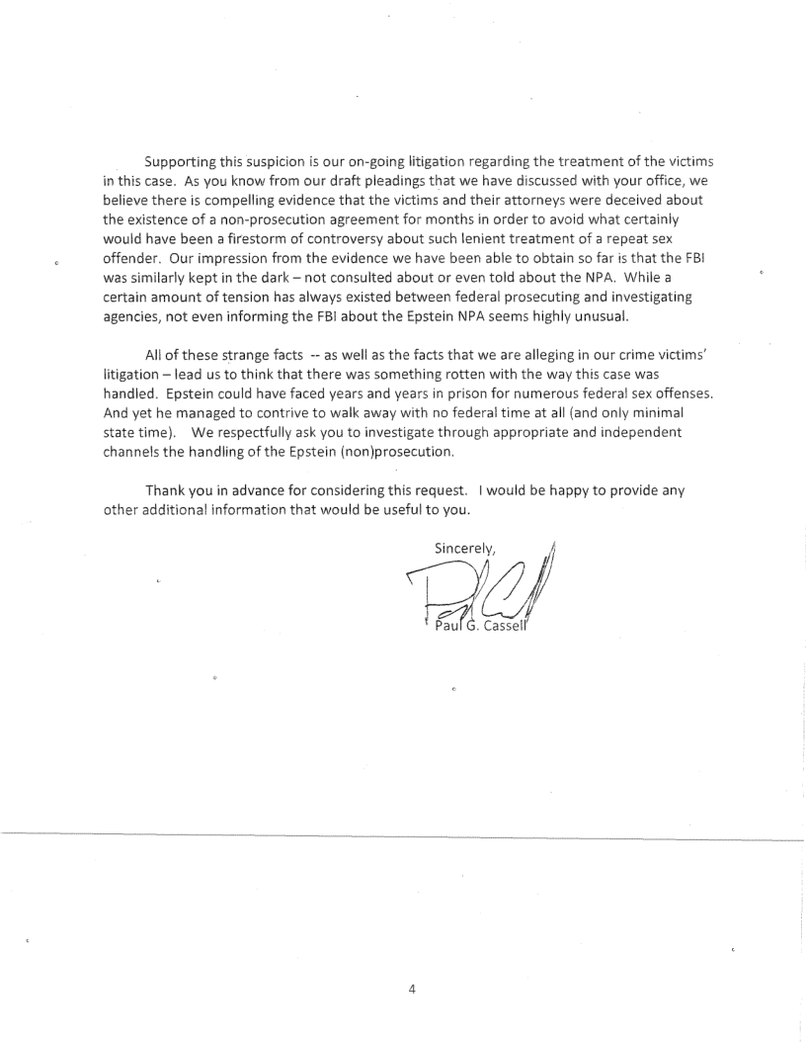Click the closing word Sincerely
pyautogui.click(x=464, y=548)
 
